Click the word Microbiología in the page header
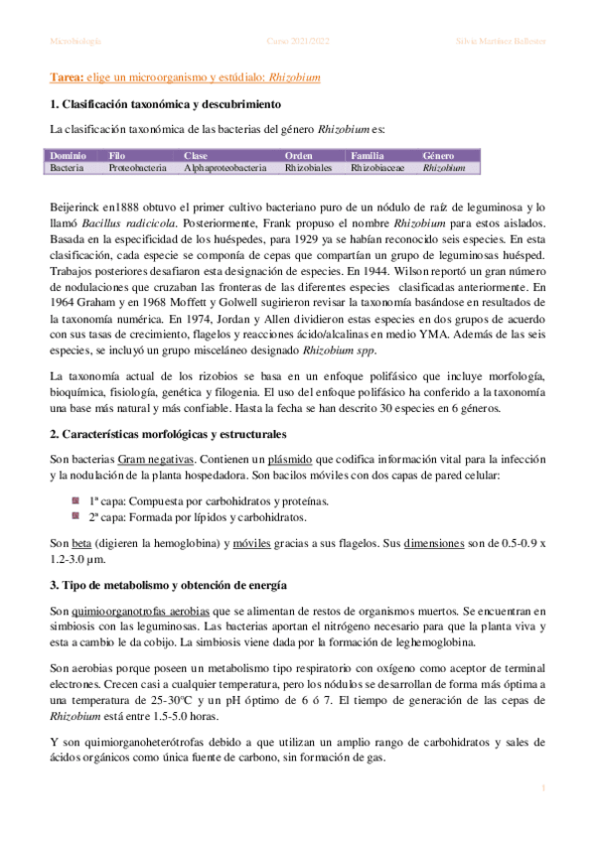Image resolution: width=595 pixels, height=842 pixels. [74, 41]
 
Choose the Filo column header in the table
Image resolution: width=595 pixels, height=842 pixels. [117, 156]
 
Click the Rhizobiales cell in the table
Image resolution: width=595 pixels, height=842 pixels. [309, 169]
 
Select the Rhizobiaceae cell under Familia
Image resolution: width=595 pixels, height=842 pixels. [378, 169]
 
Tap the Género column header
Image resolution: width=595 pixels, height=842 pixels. [438, 156]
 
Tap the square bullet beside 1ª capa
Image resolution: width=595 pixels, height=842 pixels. [74, 501]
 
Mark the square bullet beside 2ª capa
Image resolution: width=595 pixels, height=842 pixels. [74, 517]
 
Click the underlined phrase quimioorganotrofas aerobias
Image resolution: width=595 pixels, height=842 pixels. [131, 610]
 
